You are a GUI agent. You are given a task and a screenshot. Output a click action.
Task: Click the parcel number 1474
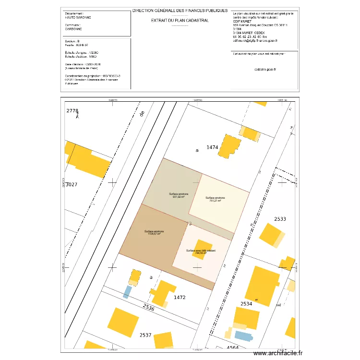coord(213,147)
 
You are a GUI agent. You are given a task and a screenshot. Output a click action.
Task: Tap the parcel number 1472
coord(180,298)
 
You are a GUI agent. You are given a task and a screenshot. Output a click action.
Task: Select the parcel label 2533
coord(280,219)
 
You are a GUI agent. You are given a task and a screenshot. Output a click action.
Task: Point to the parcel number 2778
coord(72,111)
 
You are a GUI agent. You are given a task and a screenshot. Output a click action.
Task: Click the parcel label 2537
coord(145,335)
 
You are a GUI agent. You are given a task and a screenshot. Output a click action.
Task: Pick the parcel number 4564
coord(233,348)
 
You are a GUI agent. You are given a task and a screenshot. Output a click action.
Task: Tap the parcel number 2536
coord(148,308)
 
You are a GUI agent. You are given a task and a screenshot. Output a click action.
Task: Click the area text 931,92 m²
coord(179,196)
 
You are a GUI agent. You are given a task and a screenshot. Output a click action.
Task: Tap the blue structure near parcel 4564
coord(243,336)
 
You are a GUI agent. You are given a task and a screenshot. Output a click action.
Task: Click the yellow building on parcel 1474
coord(229,146)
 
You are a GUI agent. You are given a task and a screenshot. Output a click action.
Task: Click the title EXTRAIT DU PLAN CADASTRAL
coord(180,21)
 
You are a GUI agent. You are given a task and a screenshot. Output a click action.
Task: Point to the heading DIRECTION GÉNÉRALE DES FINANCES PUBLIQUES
coord(180,10)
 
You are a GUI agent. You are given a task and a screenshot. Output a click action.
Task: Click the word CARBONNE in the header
coord(73,29)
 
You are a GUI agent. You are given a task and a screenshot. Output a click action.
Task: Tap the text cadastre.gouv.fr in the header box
coord(264,70)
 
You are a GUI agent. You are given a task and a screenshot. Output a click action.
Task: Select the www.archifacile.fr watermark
coord(278,353)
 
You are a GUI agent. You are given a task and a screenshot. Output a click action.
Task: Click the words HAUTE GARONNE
coord(78,17)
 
